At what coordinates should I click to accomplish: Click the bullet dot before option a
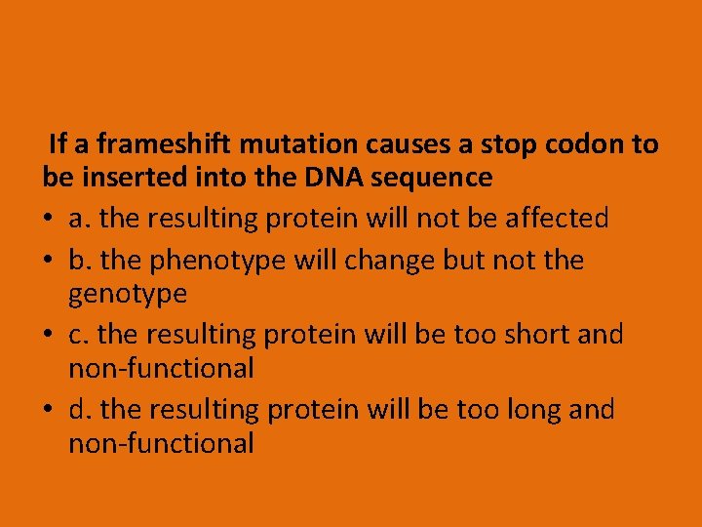tap(49, 219)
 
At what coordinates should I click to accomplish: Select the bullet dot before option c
tap(49, 335)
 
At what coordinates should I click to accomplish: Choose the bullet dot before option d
tap(49, 409)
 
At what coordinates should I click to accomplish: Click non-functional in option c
tap(161, 368)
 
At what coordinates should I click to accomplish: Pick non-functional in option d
tap(161, 443)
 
